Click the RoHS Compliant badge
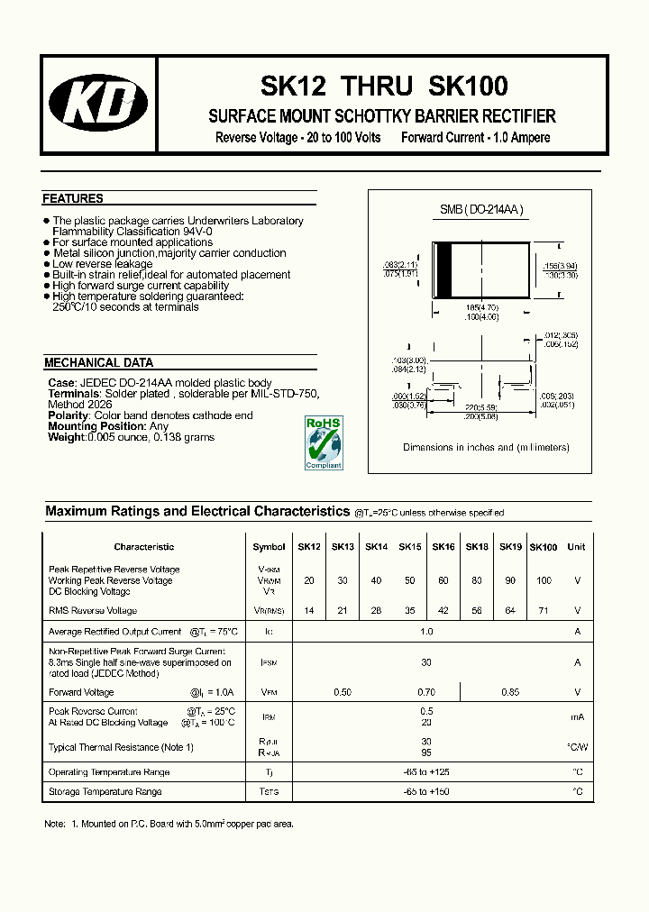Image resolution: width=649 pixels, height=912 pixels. (323, 442)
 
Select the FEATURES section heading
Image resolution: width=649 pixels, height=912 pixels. (73, 198)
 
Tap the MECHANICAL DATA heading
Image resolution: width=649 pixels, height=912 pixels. (98, 363)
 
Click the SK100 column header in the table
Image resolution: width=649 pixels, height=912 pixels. (544, 547)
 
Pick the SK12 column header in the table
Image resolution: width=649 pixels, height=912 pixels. (309, 547)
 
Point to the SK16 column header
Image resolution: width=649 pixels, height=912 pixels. (443, 547)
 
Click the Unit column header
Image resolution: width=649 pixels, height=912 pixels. (577, 547)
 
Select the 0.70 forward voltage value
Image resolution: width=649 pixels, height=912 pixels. (426, 692)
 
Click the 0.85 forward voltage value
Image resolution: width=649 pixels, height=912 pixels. (510, 692)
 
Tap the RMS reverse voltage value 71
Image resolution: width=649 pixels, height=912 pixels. (544, 611)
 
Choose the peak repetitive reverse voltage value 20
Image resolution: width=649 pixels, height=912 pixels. (309, 581)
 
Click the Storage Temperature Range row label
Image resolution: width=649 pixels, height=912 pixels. (105, 791)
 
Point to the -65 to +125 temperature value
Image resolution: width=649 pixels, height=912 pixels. (426, 771)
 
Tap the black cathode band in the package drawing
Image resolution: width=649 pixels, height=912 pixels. (443, 269)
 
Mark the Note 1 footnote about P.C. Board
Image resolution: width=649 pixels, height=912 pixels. (169, 824)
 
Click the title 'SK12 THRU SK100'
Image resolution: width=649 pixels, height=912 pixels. (384, 87)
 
